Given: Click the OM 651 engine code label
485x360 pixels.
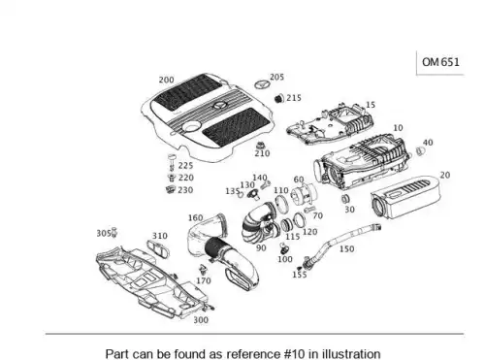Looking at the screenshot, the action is (440, 62).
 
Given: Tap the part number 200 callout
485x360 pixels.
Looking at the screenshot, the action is (166, 80).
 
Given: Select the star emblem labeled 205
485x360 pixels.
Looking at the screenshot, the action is (262, 85).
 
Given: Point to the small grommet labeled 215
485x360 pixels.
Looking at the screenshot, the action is (278, 98).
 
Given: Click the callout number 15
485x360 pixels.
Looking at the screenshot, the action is (371, 105).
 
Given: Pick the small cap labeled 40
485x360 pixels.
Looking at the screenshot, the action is (420, 150).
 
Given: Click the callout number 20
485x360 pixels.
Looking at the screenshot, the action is (445, 175).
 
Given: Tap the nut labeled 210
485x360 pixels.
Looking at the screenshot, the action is (260, 146).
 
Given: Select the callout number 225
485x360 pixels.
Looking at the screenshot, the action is (185, 166).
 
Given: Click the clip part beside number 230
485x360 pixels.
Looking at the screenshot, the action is (170, 189).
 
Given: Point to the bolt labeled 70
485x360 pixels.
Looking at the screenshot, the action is (308, 210).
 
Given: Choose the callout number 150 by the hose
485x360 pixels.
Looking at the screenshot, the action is (346, 248).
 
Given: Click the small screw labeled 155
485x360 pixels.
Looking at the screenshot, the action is (300, 268).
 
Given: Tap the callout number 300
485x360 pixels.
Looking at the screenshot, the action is (201, 320).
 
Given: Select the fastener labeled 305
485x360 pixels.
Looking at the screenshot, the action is (113, 233).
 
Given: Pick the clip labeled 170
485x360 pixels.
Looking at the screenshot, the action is (203, 270).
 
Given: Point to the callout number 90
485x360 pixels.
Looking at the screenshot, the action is (261, 248).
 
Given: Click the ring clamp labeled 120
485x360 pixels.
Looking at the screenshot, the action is (300, 220).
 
